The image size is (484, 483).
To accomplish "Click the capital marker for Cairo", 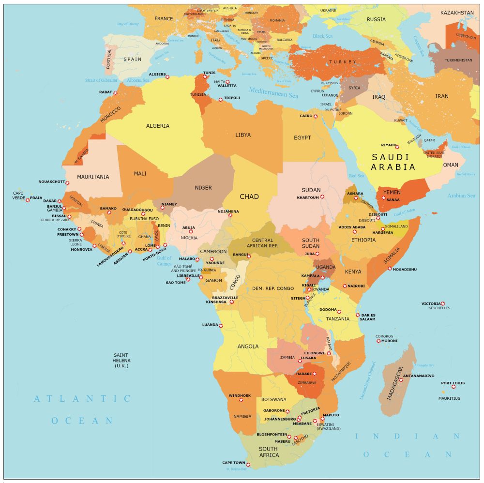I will (x=316, y=116).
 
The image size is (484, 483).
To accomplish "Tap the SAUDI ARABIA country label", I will (x=393, y=162).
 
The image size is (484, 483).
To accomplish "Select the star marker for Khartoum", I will (x=322, y=197).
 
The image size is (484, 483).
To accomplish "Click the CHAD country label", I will (x=249, y=197).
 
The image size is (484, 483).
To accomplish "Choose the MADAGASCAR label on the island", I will (x=395, y=383).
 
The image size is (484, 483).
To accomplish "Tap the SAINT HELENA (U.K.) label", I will (x=121, y=361).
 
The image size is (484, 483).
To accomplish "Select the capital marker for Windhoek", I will (x=241, y=400).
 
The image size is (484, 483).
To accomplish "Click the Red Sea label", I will (x=356, y=176).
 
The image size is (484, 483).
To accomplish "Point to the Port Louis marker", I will (x=454, y=387).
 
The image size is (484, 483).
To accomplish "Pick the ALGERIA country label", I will (x=158, y=126).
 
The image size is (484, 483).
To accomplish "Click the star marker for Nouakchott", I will (x=67, y=183).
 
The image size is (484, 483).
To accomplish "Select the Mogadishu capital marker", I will (x=390, y=268).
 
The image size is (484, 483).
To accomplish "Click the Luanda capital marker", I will (x=221, y=326).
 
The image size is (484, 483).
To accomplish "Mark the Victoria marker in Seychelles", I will (x=443, y=304).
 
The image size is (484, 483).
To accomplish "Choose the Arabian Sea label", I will (x=461, y=196).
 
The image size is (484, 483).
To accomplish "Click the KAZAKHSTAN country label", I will (x=457, y=13).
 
